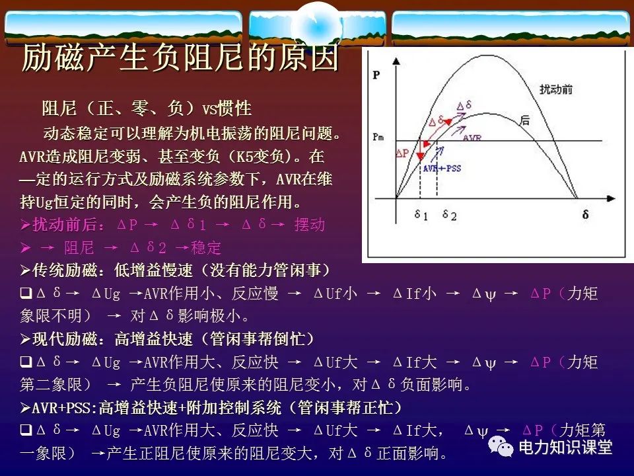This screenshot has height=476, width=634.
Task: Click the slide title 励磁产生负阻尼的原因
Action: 180,59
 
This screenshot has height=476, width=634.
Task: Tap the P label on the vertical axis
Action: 376,75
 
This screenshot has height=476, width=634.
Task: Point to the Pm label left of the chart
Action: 378,138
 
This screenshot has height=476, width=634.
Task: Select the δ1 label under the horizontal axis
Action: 421,215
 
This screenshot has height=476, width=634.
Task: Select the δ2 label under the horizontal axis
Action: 450,215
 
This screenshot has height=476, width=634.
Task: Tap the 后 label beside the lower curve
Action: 525,120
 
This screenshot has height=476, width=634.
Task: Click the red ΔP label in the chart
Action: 402,153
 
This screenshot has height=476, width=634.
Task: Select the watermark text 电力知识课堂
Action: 565,448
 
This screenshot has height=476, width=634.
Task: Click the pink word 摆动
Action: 310,224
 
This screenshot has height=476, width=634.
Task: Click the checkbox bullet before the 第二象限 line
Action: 25,362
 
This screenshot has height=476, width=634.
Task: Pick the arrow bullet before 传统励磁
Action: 25,270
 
